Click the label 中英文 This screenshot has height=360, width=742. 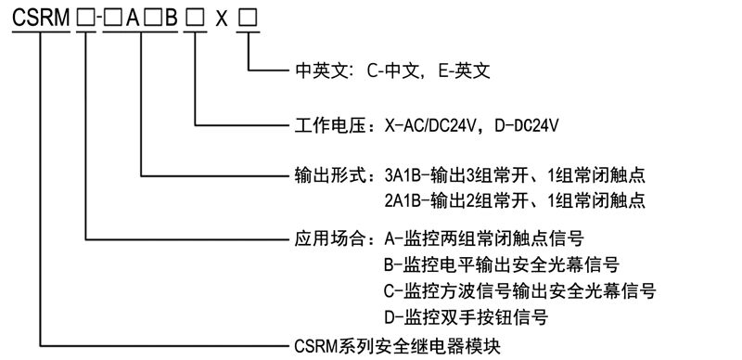pos(316,70)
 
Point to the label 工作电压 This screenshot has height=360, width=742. pos(326,122)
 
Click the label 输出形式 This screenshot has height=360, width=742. pos(326,174)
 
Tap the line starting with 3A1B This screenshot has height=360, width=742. pos(514,174)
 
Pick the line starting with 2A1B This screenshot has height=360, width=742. pos(514,200)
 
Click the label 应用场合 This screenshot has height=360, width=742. pos(326,238)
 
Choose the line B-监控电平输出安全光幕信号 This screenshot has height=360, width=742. pos(501,264)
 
